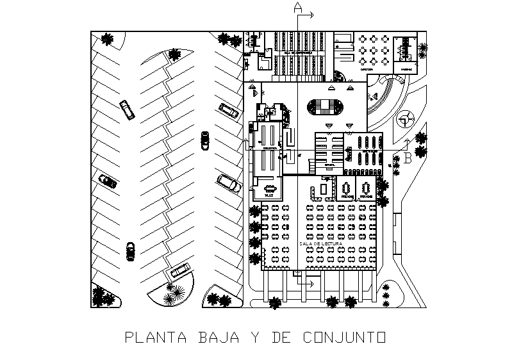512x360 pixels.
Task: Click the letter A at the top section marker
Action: pos(297,8)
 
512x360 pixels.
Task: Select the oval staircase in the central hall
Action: pos(326,106)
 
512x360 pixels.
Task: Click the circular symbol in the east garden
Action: pos(405,118)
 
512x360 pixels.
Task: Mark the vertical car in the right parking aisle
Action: pos(205,139)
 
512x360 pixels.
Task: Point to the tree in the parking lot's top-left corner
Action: pos(107,39)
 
